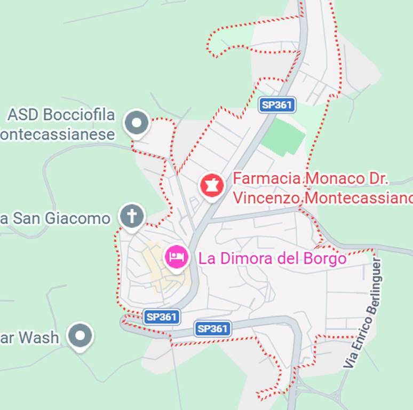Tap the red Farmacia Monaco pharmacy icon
tap(212, 185)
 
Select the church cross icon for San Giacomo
tap(131, 216)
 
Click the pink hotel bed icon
tap(177, 257)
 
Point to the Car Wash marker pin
tap(81, 336)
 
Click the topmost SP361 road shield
tap(277, 105)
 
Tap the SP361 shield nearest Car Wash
tap(161, 317)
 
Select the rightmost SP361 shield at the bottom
tap(212, 329)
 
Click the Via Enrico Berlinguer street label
tap(363, 313)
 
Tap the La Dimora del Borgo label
tap(272, 259)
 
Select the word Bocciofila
tap(78, 115)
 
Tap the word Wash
tap(38, 337)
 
